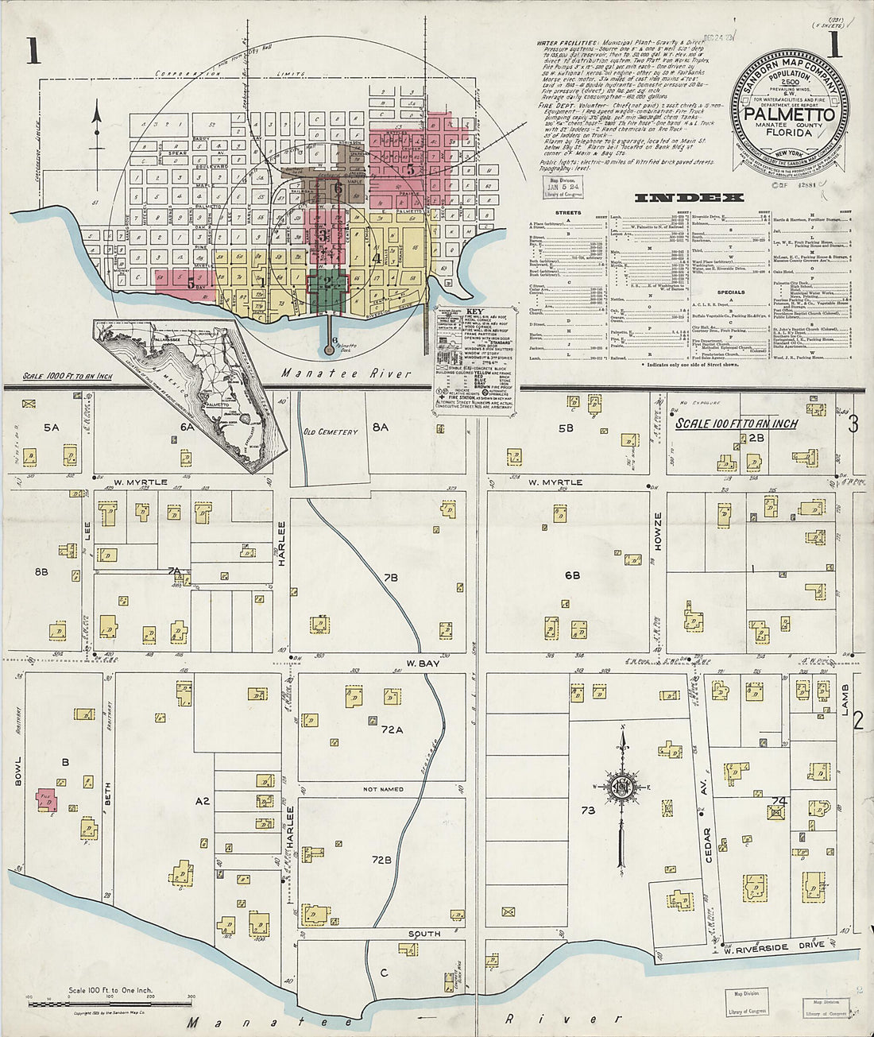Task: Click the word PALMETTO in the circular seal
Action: pos(789,114)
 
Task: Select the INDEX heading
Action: pos(689,197)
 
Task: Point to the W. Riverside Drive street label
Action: pos(772,947)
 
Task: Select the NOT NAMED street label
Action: pos(383,789)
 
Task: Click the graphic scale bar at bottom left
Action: pos(111,1004)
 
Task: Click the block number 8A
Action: pos(380,428)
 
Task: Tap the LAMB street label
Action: pos(845,697)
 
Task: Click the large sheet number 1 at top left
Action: pos(33,49)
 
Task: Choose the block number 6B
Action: pos(572,575)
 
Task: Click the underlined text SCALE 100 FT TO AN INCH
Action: pos(736,424)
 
